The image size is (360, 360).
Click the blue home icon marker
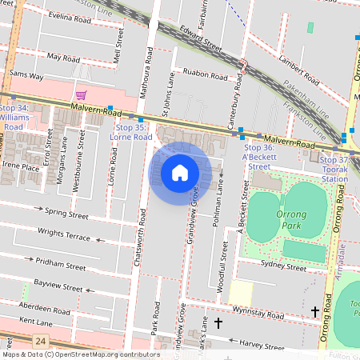[x=180, y=172]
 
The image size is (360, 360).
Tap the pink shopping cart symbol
[x=81, y=95]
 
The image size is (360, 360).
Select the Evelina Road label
[x=71, y=16]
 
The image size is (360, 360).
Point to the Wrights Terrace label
[x=64, y=237]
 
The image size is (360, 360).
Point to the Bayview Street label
[x=58, y=286]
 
